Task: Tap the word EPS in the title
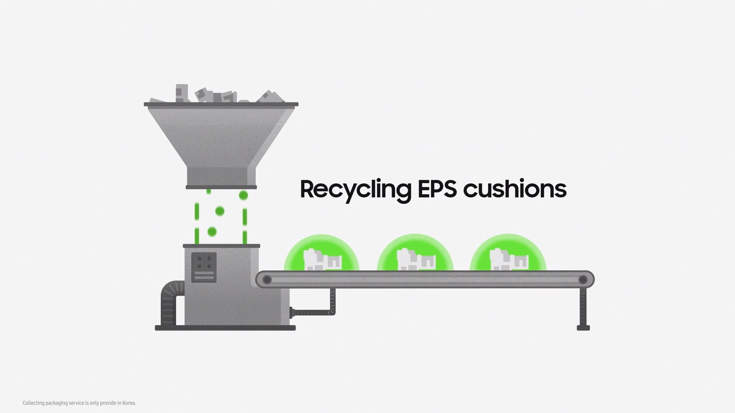[x=437, y=189]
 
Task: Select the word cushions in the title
[x=514, y=189]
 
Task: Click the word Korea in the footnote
[x=129, y=403]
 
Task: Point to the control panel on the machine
[x=204, y=267]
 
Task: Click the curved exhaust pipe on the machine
[x=171, y=302]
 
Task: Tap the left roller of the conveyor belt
[x=267, y=280]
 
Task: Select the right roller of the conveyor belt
[x=583, y=280]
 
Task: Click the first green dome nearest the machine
[x=322, y=253]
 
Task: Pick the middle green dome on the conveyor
[x=415, y=253]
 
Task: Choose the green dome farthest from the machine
[x=508, y=253]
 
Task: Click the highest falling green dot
[x=243, y=196]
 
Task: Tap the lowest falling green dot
[x=212, y=232]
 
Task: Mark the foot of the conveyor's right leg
[x=583, y=328]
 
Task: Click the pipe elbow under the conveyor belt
[x=332, y=311]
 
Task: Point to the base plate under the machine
[x=225, y=328]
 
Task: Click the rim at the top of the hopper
[x=221, y=104]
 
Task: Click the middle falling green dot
[x=220, y=211]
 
